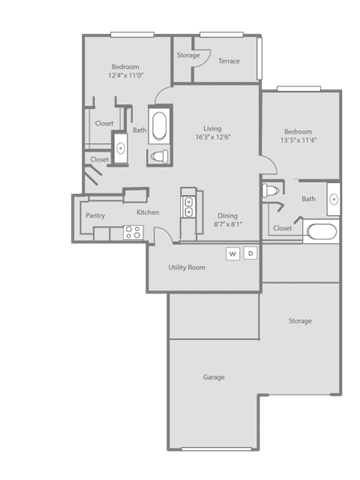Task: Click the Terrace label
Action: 229,61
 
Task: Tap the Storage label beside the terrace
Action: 187,55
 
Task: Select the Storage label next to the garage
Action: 299,321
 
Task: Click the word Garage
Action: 213,377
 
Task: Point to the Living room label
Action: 212,128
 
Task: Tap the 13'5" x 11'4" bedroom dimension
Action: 299,141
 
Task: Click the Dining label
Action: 227,216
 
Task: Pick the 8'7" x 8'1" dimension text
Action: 227,225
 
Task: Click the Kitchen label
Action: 147,213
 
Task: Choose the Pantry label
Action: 95,215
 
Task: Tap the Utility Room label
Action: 187,267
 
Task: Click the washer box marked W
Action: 233,254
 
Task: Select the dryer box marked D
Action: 250,254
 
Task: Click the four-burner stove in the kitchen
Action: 132,232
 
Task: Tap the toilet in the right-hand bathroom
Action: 271,192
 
